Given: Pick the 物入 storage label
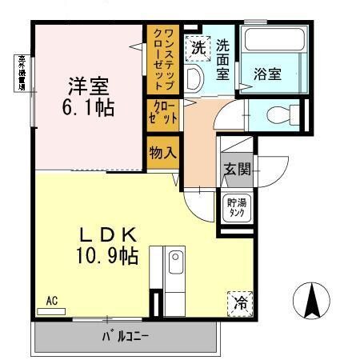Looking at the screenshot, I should (162, 151).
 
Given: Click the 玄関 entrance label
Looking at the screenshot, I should (237, 170).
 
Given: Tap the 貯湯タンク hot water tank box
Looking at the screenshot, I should (236, 207).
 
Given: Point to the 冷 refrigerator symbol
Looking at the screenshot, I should (239, 302).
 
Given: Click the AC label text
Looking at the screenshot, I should (52, 301).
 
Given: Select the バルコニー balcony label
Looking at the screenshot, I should (124, 336).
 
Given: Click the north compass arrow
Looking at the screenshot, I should (313, 300).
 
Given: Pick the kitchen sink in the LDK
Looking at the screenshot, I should (175, 262).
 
